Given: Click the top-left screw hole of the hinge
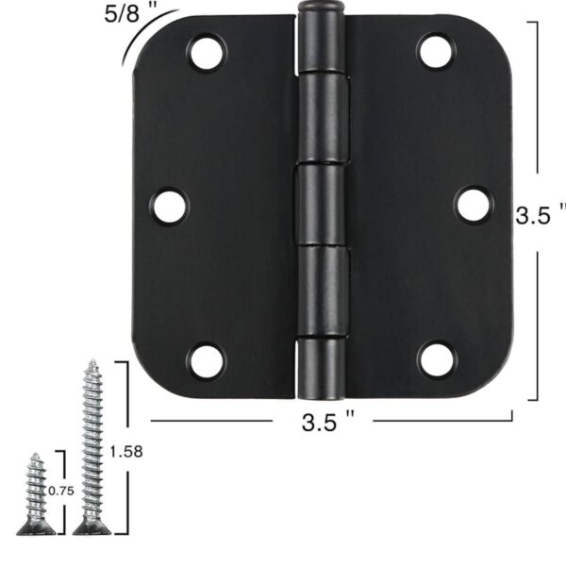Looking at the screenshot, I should (x=207, y=53).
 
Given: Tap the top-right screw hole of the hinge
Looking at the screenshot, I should (x=437, y=52).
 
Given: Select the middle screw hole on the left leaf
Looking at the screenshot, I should (x=170, y=206).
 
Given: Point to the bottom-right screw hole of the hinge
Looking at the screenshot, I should (x=437, y=359).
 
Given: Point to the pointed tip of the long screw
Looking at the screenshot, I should (x=92, y=362).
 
